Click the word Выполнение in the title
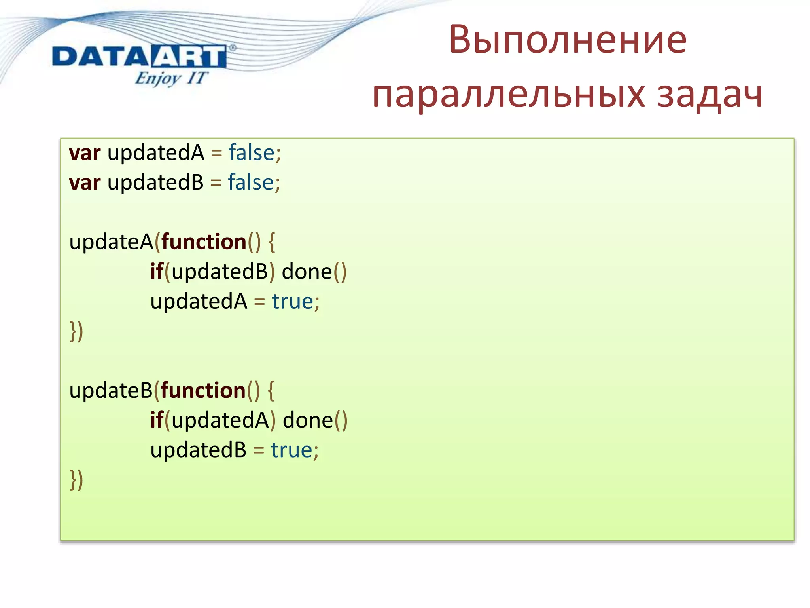[x=568, y=40]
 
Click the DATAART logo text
[x=139, y=57]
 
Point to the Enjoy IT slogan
[x=171, y=78]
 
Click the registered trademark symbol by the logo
[x=233, y=48]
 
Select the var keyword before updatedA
[x=85, y=153]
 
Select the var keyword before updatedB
[x=85, y=183]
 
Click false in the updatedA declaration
[x=252, y=153]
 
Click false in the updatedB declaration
[x=251, y=182]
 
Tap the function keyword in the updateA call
[x=204, y=242]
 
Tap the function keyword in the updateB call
[x=203, y=391]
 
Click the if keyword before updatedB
[x=157, y=272]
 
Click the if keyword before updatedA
[x=157, y=420]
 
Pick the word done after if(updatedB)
[x=307, y=272]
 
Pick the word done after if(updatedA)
[x=308, y=420]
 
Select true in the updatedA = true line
[x=293, y=302]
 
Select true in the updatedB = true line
[x=292, y=450]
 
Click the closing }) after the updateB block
[x=76, y=480]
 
